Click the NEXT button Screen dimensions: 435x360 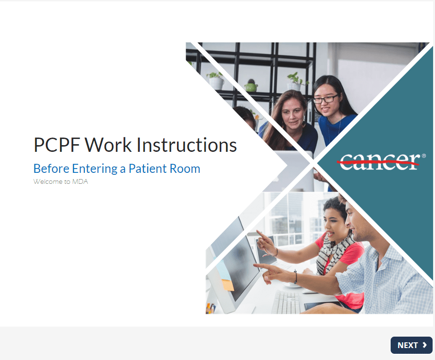pyautogui.click(x=412, y=345)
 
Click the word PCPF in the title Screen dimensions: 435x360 pyautogui.click(x=57, y=145)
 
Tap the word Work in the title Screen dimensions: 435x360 pyautogui.click(x=108, y=145)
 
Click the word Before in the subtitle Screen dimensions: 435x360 pyautogui.click(x=52, y=169)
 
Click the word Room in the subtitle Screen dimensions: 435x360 pyautogui.click(x=185, y=169)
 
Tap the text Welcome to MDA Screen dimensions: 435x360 pyautogui.click(x=61, y=181)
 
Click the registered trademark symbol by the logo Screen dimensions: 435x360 pyautogui.click(x=424, y=156)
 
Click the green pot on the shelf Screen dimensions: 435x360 pyautogui.click(x=251, y=87)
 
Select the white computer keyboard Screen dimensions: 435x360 pyautogui.click(x=286, y=302)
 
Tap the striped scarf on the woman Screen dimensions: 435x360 pyautogui.click(x=333, y=252)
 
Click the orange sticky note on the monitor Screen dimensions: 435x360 pyautogui.click(x=228, y=285)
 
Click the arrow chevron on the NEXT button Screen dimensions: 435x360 pyautogui.click(x=425, y=345)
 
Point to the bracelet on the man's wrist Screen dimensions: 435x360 pyautogui.click(x=295, y=277)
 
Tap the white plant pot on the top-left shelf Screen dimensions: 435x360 pyautogui.click(x=217, y=83)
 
